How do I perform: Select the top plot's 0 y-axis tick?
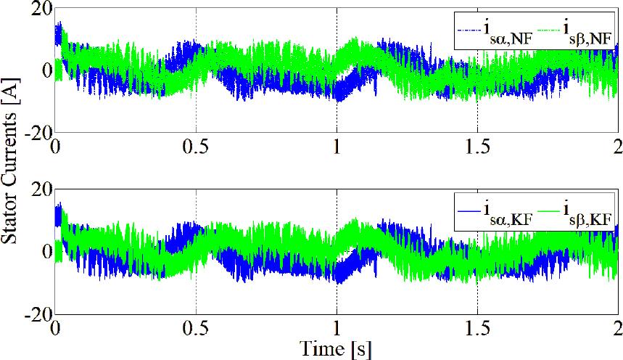[46, 70]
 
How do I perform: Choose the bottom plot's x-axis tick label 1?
[337, 328]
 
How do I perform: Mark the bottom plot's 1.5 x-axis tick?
[477, 328]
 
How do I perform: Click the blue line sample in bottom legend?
[467, 209]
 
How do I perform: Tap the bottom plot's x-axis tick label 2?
[617, 328]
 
